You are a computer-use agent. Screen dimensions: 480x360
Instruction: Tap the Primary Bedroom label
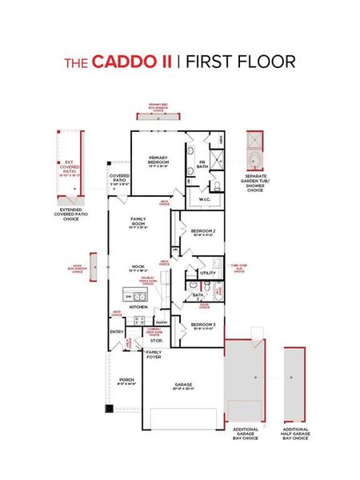point(158,161)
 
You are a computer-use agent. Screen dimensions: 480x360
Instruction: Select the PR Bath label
point(202,162)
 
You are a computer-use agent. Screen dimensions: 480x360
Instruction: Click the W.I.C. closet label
point(205,199)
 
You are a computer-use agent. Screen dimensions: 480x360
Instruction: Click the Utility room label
point(208,273)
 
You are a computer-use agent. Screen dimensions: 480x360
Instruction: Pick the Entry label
point(117,332)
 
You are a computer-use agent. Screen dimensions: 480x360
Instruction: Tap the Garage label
point(183,384)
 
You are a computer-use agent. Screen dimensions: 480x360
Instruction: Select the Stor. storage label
point(155,340)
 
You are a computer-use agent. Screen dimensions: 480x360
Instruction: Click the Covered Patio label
point(119,180)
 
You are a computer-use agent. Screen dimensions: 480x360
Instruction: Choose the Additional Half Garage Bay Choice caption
point(295,434)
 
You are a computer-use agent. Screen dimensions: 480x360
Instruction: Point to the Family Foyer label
point(154,354)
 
